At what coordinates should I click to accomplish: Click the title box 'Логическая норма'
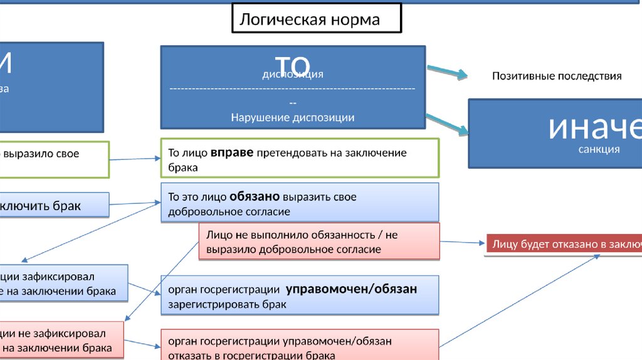click(316, 19)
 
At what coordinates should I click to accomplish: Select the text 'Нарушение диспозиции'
click(292, 117)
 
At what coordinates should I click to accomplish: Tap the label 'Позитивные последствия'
click(556, 76)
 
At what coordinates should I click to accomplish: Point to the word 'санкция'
click(599, 149)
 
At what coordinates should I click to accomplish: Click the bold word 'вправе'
click(231, 152)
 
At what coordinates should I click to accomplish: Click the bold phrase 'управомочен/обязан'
click(351, 289)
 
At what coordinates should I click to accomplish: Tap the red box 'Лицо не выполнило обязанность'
click(318, 241)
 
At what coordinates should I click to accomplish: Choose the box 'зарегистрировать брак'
click(300, 296)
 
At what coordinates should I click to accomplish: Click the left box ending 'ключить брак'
click(53, 206)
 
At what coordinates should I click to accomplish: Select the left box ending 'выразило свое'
click(53, 159)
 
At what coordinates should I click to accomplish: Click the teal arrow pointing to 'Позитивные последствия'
click(447, 72)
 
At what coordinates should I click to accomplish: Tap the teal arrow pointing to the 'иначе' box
click(448, 124)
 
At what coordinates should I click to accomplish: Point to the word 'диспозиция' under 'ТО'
click(293, 75)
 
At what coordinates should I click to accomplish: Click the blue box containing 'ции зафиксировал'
click(63, 283)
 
